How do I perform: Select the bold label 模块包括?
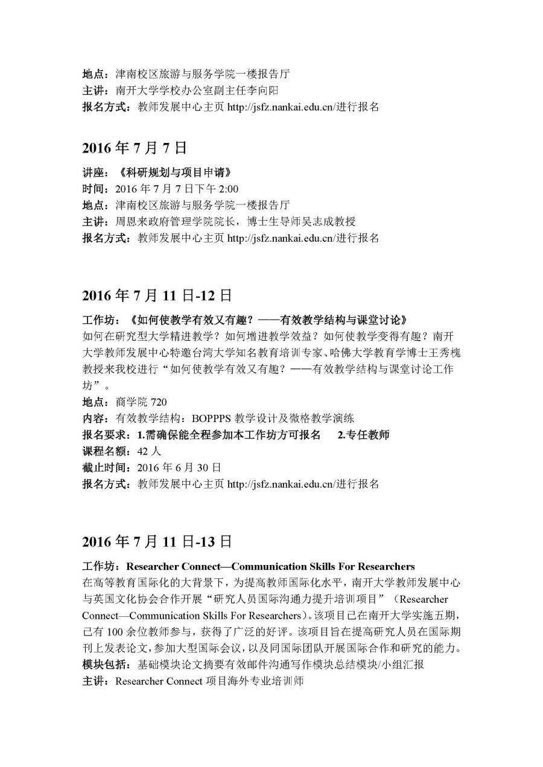(106, 664)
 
